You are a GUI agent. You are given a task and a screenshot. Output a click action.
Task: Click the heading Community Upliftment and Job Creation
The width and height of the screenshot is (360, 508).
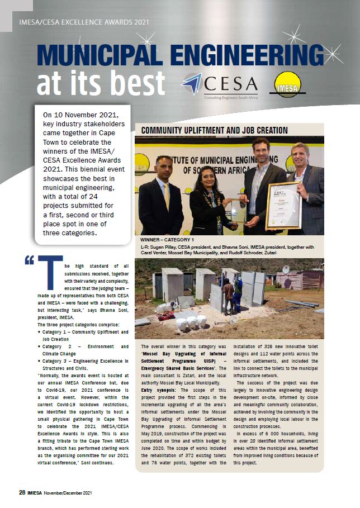coord(214,130)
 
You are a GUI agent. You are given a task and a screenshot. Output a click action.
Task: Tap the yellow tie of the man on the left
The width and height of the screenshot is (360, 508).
coord(165,195)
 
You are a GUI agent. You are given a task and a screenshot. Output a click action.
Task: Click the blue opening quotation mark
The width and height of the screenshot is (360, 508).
coord(29,260)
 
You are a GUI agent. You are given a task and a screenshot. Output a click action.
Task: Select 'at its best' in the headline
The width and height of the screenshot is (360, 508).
coord(101,83)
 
